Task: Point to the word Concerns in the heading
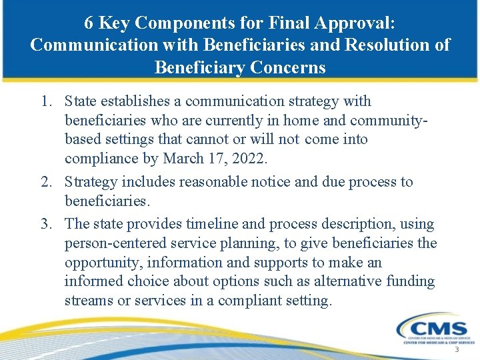[288, 67]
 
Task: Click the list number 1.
[45, 101]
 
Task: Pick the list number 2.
[45, 182]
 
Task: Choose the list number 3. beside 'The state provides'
[45, 224]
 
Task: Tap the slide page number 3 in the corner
[457, 350]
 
